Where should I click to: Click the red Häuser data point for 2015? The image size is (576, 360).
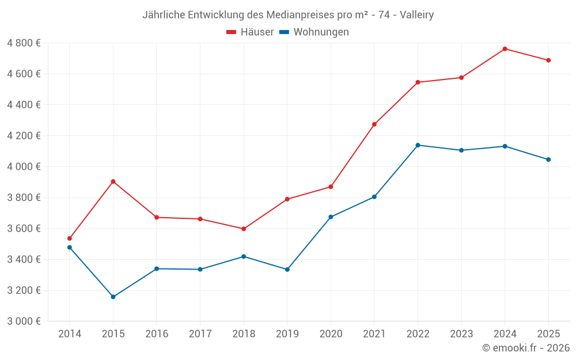(x=113, y=181)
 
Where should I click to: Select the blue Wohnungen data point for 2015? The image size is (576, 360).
(x=113, y=297)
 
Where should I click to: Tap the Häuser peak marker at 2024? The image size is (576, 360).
(x=505, y=49)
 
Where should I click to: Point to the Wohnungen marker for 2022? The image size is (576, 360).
(x=418, y=145)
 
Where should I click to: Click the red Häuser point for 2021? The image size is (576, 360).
(x=374, y=124)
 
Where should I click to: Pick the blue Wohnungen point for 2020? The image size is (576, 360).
(x=331, y=217)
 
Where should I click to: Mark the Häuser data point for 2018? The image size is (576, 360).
(x=244, y=229)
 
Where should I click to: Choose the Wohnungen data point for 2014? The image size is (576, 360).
(x=70, y=248)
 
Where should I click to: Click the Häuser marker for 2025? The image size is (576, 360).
(x=548, y=60)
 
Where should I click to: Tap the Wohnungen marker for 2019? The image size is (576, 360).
(x=287, y=270)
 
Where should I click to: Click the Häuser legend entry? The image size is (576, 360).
(x=250, y=32)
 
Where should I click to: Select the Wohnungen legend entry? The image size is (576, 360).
(x=314, y=32)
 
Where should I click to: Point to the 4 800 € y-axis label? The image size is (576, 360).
(x=24, y=43)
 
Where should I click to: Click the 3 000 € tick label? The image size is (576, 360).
(x=24, y=321)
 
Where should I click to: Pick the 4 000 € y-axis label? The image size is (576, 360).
(x=24, y=167)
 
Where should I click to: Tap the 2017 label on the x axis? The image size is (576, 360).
(x=200, y=334)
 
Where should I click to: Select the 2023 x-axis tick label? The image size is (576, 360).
(x=461, y=334)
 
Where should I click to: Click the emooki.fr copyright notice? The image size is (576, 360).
(x=526, y=348)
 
